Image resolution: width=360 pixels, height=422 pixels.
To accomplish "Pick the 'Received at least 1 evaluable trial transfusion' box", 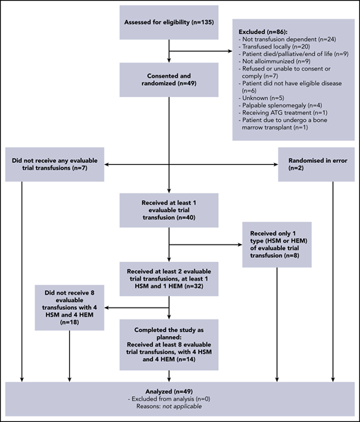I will coord(170,210).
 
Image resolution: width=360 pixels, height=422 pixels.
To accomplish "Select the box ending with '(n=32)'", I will coord(170,276).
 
